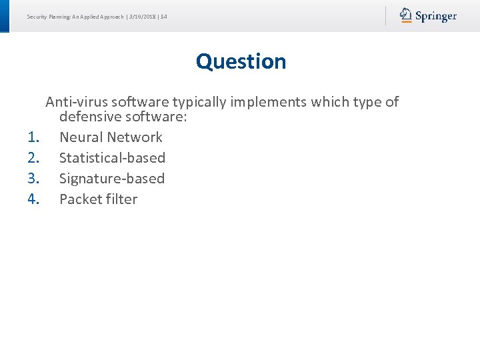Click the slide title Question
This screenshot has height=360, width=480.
(x=241, y=61)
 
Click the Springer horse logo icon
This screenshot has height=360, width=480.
(x=406, y=15)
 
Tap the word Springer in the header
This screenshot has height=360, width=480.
(x=436, y=16)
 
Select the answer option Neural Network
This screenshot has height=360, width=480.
(x=111, y=137)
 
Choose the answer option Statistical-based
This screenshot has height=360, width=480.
(x=112, y=158)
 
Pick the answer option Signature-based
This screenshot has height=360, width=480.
(x=111, y=179)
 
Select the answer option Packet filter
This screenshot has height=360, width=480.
(x=98, y=199)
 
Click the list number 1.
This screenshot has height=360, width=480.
(x=35, y=137)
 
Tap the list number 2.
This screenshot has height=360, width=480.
(x=35, y=158)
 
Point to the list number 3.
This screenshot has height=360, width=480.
(x=35, y=179)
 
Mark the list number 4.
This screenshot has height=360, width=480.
(x=35, y=199)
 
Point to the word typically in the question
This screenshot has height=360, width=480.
(x=200, y=103)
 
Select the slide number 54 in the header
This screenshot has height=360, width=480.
(x=163, y=16)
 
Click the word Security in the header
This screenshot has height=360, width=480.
(x=37, y=16)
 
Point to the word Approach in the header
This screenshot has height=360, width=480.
(x=111, y=16)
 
